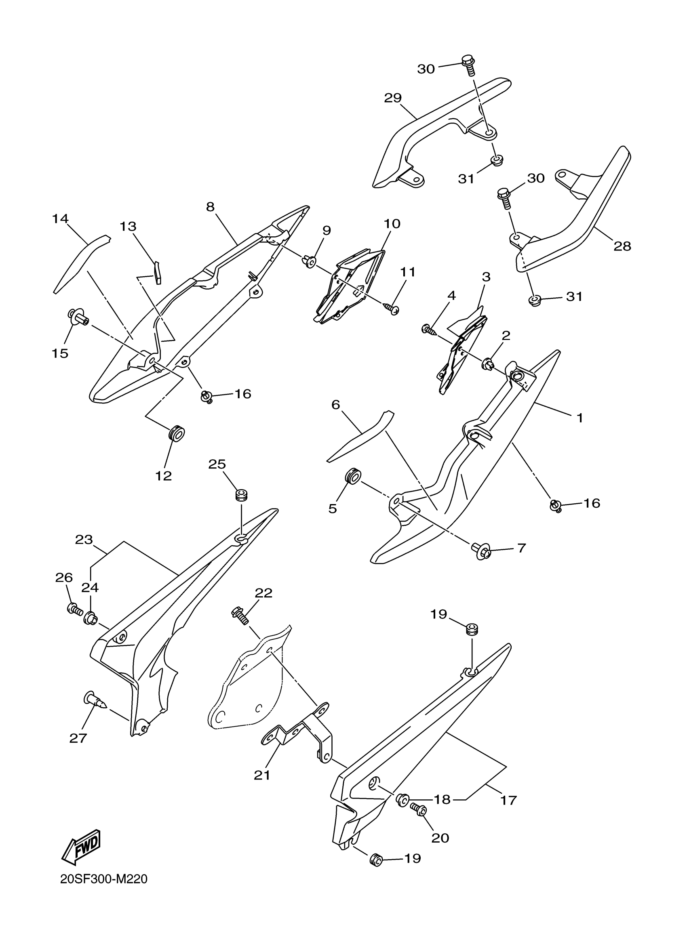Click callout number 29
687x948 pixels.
click(x=393, y=98)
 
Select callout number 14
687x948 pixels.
click(x=60, y=218)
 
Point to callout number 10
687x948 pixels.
click(x=392, y=224)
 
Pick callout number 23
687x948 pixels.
click(x=84, y=540)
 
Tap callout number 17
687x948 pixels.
click(x=508, y=800)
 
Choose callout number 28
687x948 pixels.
click(x=622, y=246)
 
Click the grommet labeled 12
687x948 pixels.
click(x=177, y=433)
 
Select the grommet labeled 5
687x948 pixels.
click(x=352, y=477)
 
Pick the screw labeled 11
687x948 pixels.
click(x=393, y=310)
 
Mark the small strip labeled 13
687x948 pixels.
click(x=157, y=272)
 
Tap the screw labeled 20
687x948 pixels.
click(x=419, y=809)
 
